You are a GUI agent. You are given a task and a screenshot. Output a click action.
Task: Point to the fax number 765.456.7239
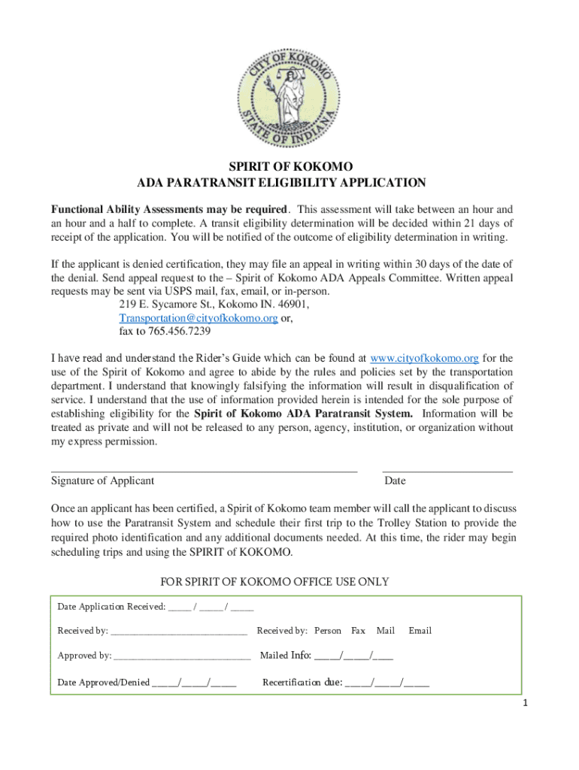tap(165, 331)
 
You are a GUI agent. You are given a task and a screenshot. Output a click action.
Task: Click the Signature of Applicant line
tap(203, 470)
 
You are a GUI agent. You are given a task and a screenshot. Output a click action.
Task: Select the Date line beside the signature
tap(447, 470)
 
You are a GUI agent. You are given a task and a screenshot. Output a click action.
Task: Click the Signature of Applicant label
tap(102, 481)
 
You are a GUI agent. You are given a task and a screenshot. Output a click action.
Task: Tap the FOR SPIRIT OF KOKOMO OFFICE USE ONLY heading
tap(275, 582)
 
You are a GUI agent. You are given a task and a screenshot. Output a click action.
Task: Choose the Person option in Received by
tap(328, 631)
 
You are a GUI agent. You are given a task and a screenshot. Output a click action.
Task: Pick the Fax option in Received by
tap(359, 631)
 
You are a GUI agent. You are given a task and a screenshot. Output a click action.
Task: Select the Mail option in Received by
tap(386, 631)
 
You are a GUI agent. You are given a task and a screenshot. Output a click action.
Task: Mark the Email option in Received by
tap(420, 631)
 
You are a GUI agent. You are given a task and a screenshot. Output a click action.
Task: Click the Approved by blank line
tap(182, 656)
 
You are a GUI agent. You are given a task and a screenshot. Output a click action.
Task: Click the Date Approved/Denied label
tap(104, 683)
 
